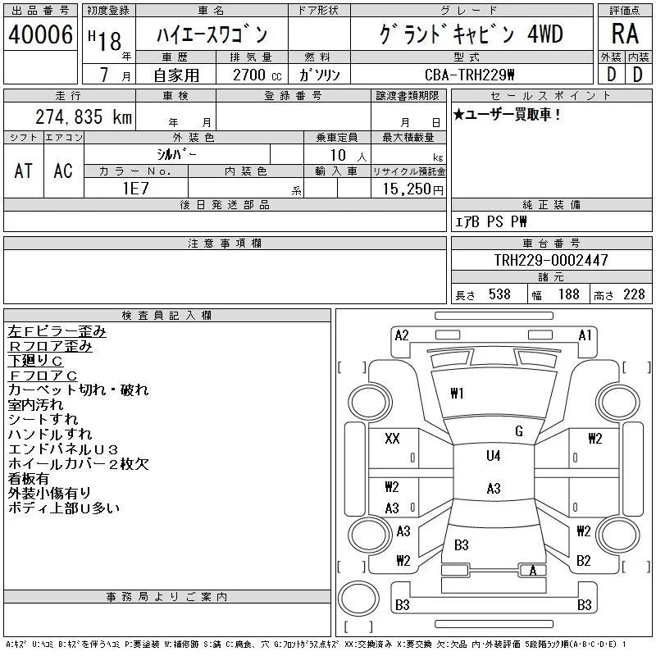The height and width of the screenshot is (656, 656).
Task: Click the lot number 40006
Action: (x=40, y=34)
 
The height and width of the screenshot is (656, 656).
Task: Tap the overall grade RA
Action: (x=625, y=34)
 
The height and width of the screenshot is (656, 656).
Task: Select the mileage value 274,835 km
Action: (x=84, y=116)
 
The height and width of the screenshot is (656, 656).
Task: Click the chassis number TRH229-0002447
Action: (x=551, y=260)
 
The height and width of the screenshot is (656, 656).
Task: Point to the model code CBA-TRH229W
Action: (x=469, y=75)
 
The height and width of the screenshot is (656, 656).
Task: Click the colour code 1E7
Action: (x=136, y=189)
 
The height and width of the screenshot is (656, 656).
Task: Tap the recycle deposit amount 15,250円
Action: (x=413, y=189)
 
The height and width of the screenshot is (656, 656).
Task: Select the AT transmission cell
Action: (x=24, y=171)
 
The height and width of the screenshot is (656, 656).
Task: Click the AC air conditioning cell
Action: (x=63, y=171)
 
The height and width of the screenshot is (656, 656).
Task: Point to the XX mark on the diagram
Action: (x=392, y=439)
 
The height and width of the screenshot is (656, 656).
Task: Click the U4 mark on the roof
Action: (x=494, y=456)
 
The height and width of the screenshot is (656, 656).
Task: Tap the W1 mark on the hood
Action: (x=457, y=394)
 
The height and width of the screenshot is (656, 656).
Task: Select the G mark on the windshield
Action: (x=519, y=431)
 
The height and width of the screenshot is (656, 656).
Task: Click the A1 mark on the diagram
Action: (x=585, y=335)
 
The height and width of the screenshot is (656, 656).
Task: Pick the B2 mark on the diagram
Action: (x=583, y=561)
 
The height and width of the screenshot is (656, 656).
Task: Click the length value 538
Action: (x=499, y=294)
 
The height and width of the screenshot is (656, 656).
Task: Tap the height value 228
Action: (x=634, y=294)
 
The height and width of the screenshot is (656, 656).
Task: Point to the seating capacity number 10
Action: (x=338, y=155)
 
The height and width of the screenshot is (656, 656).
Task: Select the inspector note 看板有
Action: (x=29, y=478)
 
